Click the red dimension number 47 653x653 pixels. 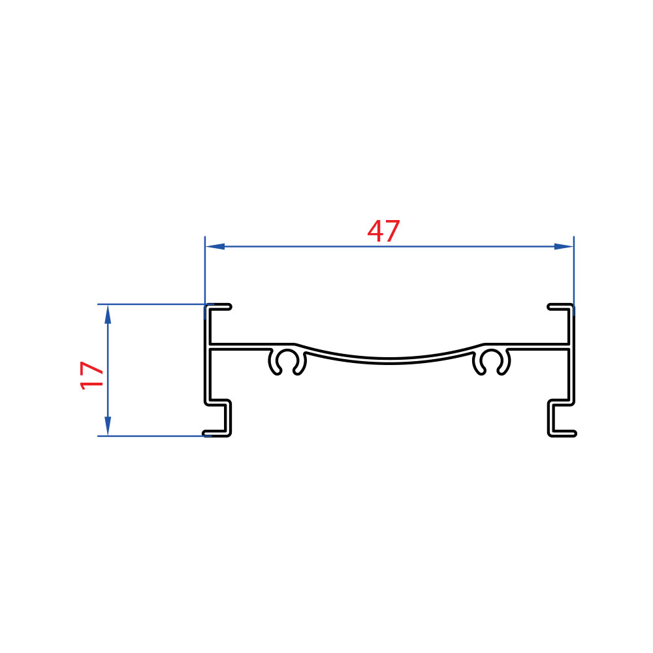[383, 231]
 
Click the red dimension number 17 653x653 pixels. [91, 375]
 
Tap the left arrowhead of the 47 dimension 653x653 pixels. [215, 247]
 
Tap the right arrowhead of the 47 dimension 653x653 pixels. [564, 247]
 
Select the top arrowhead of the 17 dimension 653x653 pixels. [108, 315]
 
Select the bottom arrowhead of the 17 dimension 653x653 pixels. [108, 426]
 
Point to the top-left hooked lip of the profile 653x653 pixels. [218, 307]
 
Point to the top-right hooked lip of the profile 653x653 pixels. [560, 307]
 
